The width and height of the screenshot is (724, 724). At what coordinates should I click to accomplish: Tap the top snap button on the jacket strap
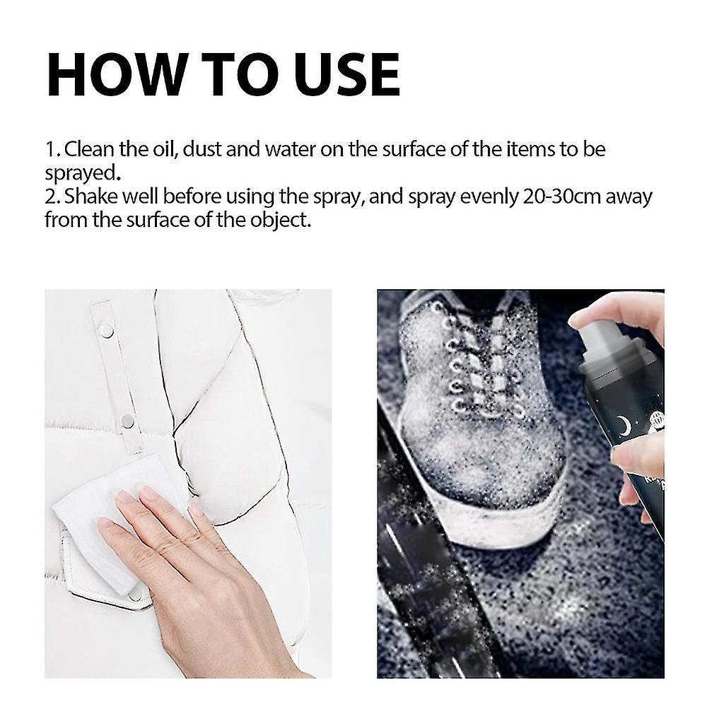(106, 329)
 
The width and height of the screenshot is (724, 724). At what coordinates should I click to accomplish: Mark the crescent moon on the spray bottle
(624, 426)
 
